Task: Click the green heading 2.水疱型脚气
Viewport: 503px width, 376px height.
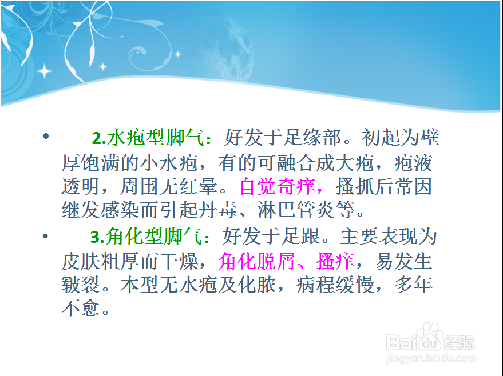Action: click(148, 138)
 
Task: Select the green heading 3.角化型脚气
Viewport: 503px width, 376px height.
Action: click(146, 237)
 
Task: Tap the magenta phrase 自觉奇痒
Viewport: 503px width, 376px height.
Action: click(277, 187)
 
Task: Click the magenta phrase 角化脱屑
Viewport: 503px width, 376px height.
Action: click(256, 261)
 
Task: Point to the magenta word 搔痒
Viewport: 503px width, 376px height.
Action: click(335, 261)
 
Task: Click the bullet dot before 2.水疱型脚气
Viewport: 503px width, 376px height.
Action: click(46, 137)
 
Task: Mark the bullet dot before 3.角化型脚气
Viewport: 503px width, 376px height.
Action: click(45, 237)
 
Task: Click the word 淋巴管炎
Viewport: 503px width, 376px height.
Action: click(296, 210)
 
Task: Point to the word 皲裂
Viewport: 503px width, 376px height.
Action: click(81, 285)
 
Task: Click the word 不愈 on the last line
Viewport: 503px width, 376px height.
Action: click(81, 308)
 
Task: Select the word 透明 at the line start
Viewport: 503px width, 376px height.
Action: click(81, 187)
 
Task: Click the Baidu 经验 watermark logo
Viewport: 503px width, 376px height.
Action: click(430, 338)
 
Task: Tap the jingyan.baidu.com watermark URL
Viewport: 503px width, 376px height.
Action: click(431, 358)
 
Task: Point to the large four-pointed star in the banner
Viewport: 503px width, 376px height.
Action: click(44, 71)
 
